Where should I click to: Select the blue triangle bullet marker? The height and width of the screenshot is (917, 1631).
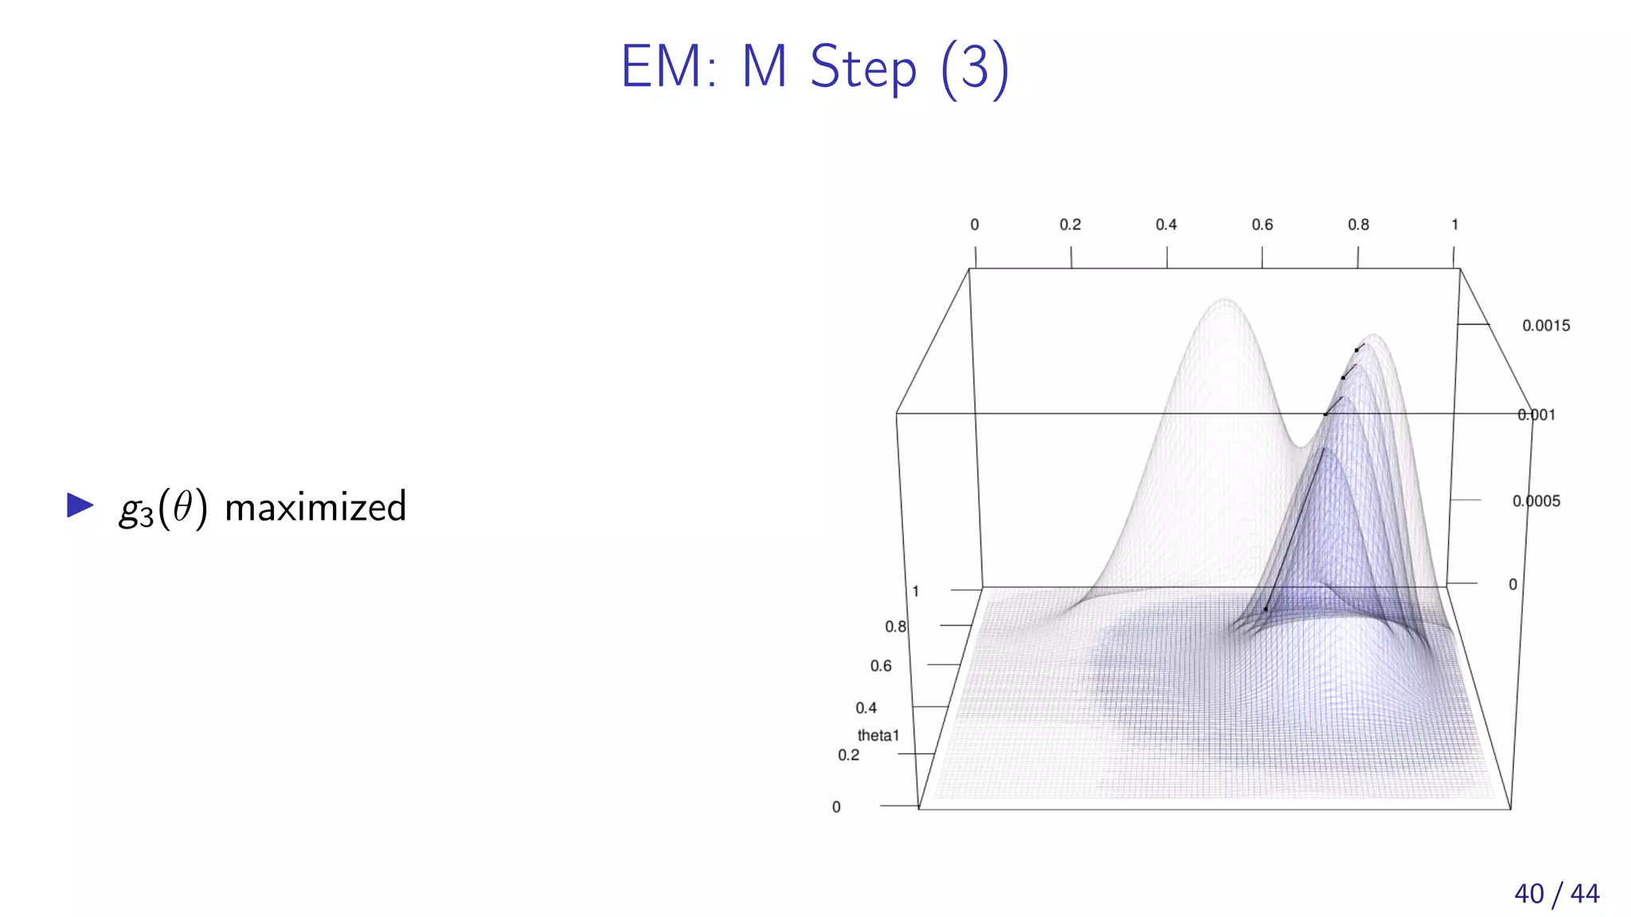tap(80, 505)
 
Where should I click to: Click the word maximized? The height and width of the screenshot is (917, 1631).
tap(315, 507)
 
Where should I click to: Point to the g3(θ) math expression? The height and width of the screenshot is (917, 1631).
tap(163, 509)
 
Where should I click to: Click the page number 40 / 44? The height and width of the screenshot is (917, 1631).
tap(1556, 893)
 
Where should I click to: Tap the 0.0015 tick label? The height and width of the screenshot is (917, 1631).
tap(1546, 326)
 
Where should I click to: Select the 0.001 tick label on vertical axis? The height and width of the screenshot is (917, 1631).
tap(1536, 415)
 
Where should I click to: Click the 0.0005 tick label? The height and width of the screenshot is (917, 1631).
tap(1536, 501)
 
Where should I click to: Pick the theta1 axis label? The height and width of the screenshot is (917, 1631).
tap(878, 736)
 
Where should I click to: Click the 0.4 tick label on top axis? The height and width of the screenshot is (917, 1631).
tap(1166, 225)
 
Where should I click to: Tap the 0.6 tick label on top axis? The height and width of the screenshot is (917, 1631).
tap(1261, 225)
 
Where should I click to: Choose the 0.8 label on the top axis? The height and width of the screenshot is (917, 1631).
tap(1358, 225)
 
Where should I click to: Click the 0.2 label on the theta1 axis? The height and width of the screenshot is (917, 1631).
tap(848, 755)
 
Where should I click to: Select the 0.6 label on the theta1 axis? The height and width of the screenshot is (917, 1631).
tap(881, 666)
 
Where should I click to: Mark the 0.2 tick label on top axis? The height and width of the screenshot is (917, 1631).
tap(1070, 225)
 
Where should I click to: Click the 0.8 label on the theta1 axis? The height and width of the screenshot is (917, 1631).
tap(895, 627)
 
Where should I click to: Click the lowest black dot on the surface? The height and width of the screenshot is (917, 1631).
tap(1265, 609)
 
